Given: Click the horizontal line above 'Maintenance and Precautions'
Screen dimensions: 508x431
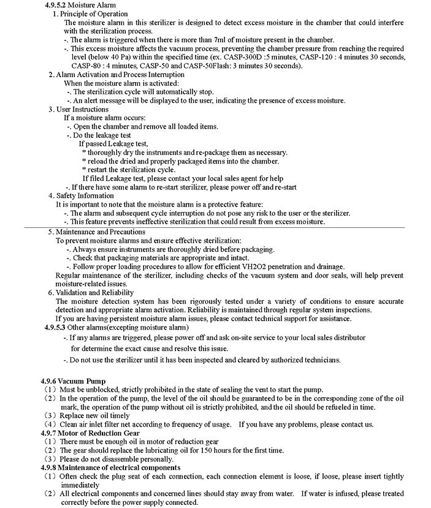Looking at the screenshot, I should click(x=215, y=227).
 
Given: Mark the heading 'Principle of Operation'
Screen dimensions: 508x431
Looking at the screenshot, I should click(x=93, y=13).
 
